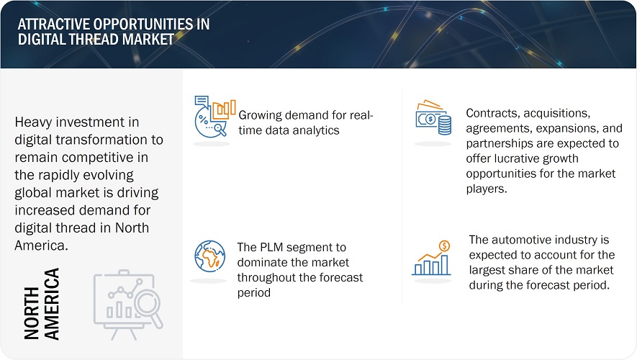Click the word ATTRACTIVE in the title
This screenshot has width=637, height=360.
coord(54,24)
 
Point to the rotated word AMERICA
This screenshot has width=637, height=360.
coord(52,304)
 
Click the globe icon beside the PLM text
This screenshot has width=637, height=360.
coord(209,256)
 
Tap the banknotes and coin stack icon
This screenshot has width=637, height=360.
coord(433,117)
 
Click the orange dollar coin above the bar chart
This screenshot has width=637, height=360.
coord(444,246)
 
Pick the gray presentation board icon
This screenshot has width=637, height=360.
coord(128,305)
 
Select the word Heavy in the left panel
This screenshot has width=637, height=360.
coord(35,122)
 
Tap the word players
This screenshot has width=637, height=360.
coord(487,189)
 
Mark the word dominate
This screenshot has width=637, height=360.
coord(263,263)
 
